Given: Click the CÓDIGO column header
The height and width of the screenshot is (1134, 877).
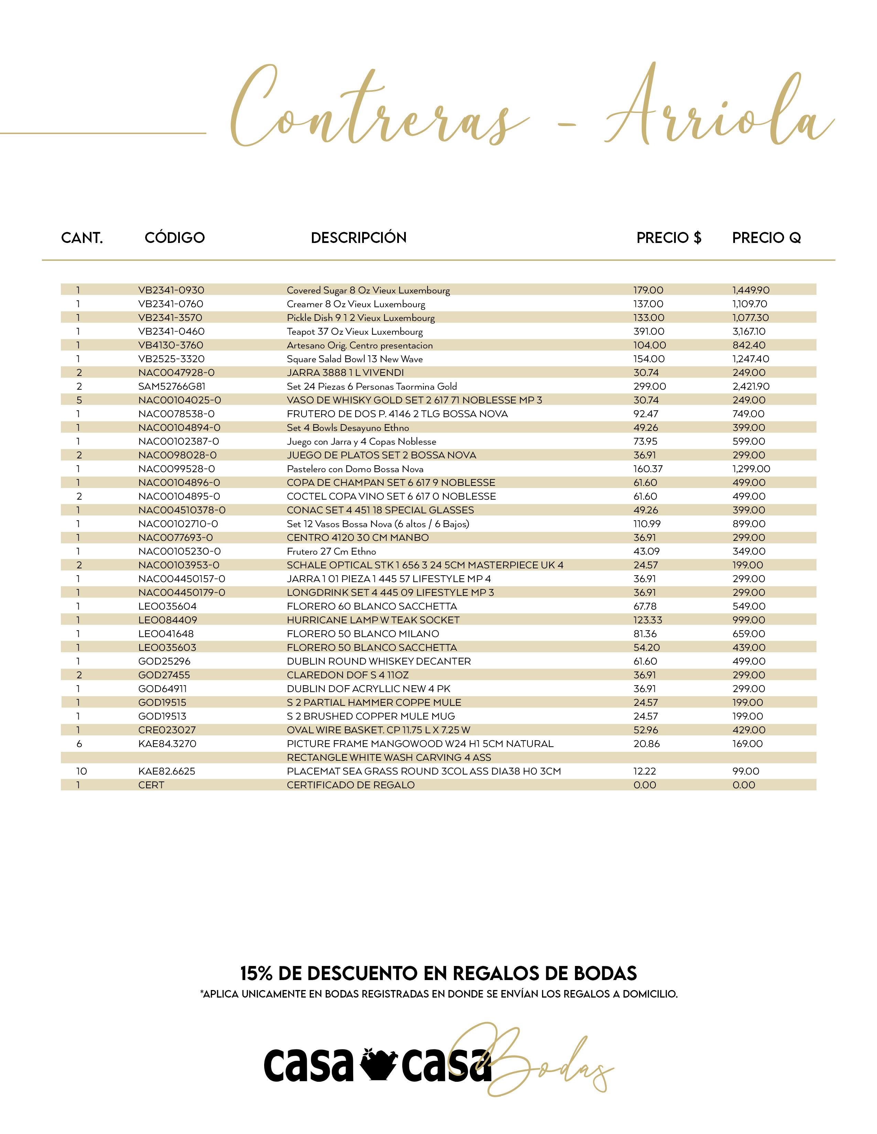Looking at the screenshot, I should [x=175, y=238].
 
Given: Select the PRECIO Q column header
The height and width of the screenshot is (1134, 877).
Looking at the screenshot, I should [x=766, y=238].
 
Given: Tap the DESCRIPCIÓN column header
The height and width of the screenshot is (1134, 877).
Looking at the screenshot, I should [x=358, y=238].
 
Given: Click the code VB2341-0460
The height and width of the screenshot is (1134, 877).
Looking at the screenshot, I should [x=172, y=331].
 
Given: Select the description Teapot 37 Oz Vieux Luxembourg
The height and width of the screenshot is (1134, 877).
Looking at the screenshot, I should [x=355, y=331].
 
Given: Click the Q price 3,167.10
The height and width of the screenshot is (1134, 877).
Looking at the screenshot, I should [x=749, y=331].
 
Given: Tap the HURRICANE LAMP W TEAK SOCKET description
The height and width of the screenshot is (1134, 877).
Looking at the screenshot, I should [x=373, y=620].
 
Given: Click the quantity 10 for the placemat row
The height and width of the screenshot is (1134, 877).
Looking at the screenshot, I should [x=82, y=771].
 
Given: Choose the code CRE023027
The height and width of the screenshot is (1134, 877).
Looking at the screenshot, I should [x=167, y=730].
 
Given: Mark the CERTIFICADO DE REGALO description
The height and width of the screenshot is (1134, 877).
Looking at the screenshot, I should [x=351, y=785].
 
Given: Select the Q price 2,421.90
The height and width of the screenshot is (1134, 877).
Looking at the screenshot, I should [x=751, y=386].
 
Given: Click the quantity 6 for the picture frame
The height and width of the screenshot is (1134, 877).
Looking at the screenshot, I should [x=79, y=744].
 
